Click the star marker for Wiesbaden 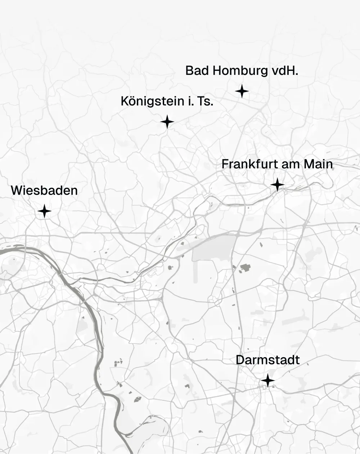click(44, 211)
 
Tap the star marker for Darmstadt click(268, 380)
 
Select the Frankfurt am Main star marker click(277, 185)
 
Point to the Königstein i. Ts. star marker click(167, 122)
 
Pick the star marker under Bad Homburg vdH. click(242, 91)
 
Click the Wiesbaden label click(44, 190)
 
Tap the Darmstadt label click(267, 360)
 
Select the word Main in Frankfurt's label click(318, 164)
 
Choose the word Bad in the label click(197, 71)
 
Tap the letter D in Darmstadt click(240, 360)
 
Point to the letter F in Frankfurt click(225, 164)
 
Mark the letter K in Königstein click(125, 101)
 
